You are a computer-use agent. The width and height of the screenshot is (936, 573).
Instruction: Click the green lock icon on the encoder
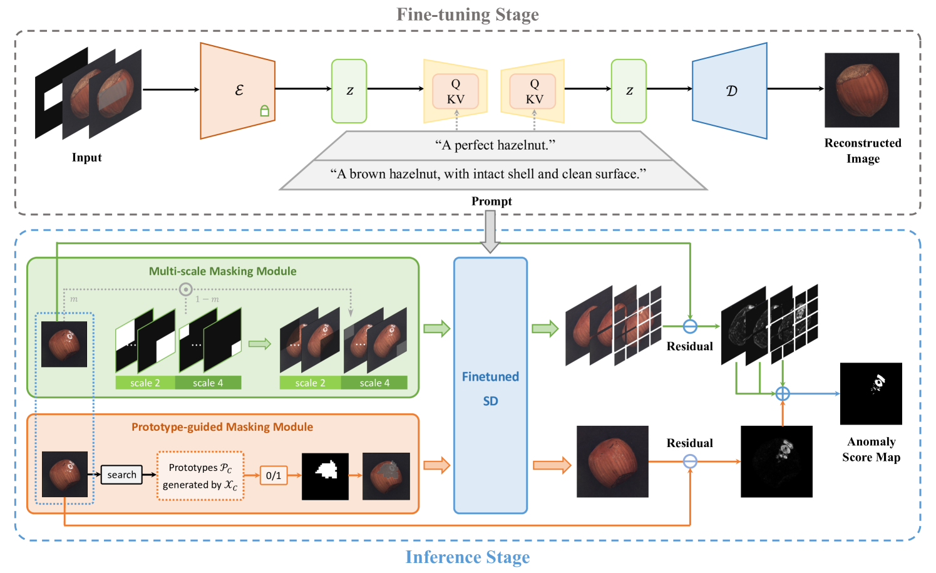(265, 111)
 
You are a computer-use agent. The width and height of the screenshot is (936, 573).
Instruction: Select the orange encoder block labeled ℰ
(238, 91)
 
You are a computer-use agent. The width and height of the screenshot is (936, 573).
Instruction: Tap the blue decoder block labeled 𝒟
(730, 91)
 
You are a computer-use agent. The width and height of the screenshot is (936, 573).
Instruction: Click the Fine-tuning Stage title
(467, 14)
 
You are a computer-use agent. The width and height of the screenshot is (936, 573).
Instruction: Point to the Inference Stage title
(467, 557)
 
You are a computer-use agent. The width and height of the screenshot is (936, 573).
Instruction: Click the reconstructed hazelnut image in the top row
(861, 90)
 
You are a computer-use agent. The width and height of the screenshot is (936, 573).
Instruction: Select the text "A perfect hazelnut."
(495, 145)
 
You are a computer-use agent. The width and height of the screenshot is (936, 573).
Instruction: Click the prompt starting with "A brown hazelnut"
(488, 174)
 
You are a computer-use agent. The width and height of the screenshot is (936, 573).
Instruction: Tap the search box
(121, 475)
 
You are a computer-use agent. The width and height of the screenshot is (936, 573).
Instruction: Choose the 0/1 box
(274, 475)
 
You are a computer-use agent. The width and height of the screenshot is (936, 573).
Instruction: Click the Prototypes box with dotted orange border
(200, 476)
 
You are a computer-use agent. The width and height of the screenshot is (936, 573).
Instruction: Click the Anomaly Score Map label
(871, 450)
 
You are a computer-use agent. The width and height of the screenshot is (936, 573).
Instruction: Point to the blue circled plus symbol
(783, 393)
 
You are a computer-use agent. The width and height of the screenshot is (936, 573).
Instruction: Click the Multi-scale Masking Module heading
(222, 271)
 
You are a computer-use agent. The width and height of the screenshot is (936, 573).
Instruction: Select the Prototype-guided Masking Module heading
(222, 427)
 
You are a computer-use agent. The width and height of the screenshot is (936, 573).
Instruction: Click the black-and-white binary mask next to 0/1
(325, 476)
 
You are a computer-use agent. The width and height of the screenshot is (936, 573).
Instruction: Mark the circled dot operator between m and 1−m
(185, 289)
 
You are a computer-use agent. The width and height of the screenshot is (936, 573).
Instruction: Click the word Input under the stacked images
(86, 158)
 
